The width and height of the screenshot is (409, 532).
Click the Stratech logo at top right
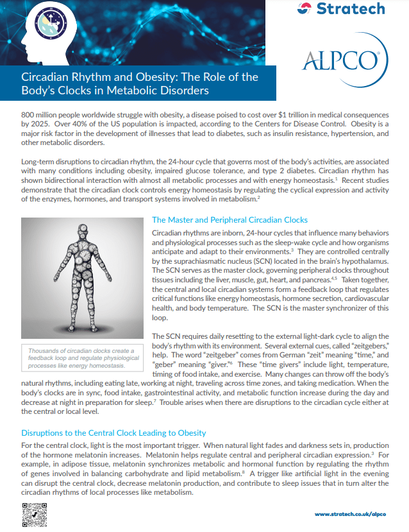[x=342, y=9]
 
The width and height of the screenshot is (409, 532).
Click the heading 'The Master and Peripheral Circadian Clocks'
[x=230, y=220]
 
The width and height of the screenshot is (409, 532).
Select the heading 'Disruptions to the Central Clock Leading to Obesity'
[x=113, y=433]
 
